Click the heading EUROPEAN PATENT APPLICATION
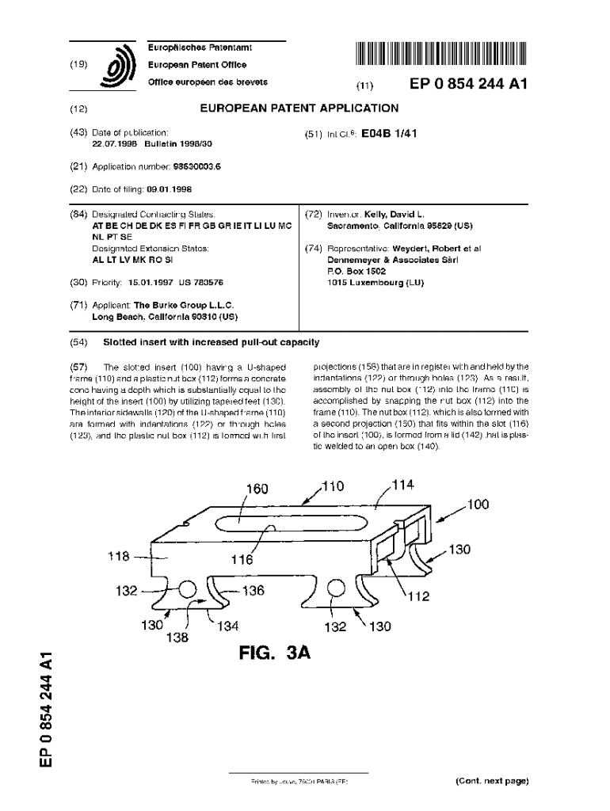click(299, 109)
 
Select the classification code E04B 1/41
click(388, 134)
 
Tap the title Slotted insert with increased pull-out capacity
click(212, 342)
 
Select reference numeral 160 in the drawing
click(257, 489)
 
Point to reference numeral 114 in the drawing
click(402, 484)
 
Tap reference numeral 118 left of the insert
click(120, 556)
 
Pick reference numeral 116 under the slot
click(242, 559)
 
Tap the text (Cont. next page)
click(491, 781)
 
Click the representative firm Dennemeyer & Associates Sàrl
click(393, 259)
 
